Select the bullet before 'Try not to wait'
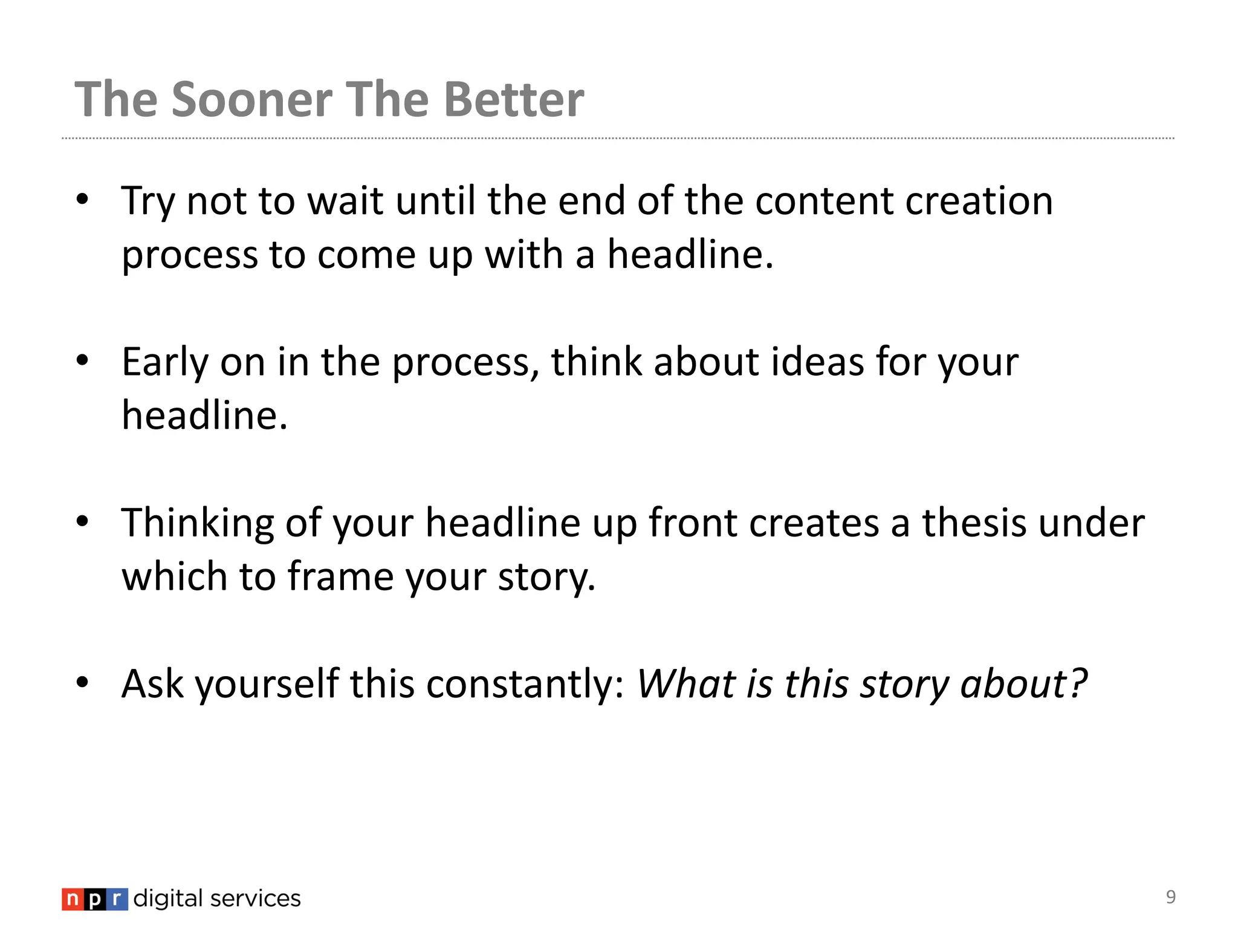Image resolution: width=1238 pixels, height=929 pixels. pos(83,199)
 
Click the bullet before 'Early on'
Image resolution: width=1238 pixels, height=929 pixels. pos(83,360)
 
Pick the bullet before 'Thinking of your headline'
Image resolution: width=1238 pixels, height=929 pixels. pos(83,521)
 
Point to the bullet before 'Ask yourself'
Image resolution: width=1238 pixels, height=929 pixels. pos(83,683)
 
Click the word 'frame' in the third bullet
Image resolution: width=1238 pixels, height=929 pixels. pos(341,576)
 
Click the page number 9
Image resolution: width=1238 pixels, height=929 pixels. pos(1170,897)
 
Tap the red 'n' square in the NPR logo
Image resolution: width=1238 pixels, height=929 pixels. pos(73,899)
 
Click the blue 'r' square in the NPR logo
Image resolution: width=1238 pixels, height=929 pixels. pos(117,899)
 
